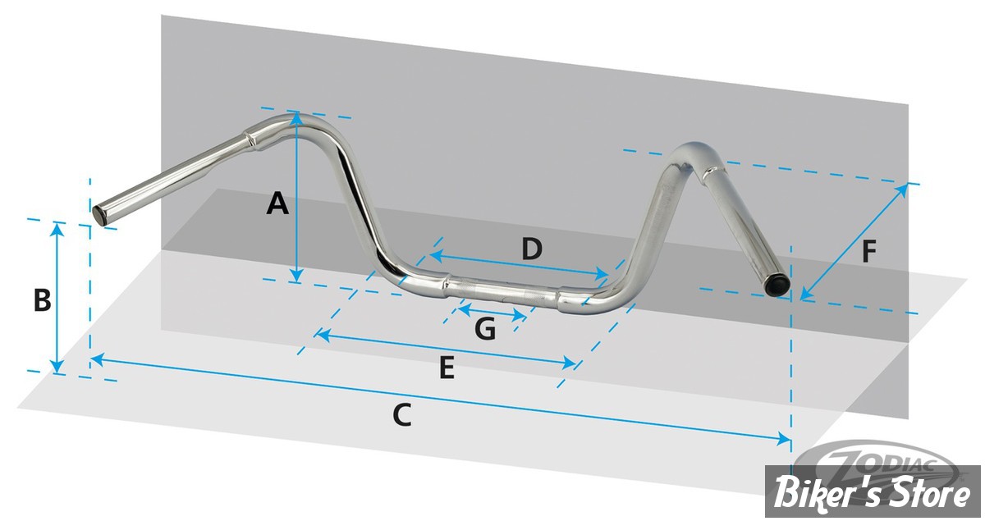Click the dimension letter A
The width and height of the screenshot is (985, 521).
click(277, 203)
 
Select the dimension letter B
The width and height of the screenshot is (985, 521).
click(43, 301)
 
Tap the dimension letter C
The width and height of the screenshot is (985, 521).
click(402, 415)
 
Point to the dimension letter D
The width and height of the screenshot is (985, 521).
click(532, 249)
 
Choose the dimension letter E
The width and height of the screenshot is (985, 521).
click(447, 368)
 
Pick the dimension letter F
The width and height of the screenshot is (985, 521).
click(869, 252)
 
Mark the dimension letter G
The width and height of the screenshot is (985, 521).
click(485, 329)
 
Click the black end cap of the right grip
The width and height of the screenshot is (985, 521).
click(777, 286)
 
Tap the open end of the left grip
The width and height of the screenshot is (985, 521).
click(100, 217)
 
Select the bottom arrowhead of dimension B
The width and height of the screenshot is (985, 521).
click(57, 367)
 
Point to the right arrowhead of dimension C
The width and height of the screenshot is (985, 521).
click(783, 439)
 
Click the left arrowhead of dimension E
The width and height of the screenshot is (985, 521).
click(323, 335)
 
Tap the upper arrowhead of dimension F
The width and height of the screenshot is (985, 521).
click(901, 191)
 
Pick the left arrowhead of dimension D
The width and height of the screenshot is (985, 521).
click(436, 255)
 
